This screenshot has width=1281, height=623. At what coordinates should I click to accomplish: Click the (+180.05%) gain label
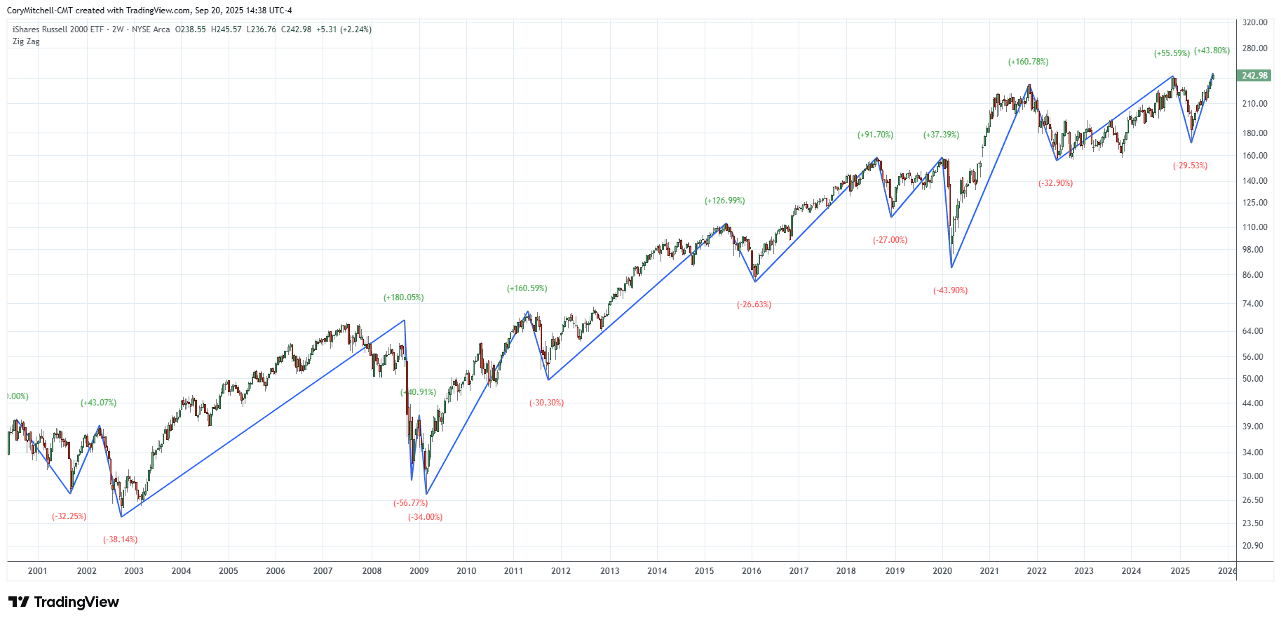coord(403,297)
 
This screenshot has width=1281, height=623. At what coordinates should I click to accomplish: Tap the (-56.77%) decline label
coord(410,503)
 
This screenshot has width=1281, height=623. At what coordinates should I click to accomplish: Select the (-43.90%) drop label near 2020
coord(950,290)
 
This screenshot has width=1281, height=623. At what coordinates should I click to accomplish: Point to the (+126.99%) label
coord(724,201)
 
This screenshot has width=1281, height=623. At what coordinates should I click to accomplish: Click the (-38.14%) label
coord(120,540)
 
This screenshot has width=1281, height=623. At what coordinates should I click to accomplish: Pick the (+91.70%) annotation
coord(875,135)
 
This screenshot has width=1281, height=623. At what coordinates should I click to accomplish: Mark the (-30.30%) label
coord(546,403)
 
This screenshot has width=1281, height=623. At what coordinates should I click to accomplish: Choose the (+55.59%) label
coord(1172,53)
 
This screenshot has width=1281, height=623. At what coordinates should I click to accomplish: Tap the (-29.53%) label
coord(1190,166)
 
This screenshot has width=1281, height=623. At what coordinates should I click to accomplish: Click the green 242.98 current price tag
coord(1254,76)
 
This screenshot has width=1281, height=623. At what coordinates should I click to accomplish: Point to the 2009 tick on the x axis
coord(419,571)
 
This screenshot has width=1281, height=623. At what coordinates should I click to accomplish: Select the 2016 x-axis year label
coord(752,571)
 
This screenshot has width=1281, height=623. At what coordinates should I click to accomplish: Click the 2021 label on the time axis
coord(989,571)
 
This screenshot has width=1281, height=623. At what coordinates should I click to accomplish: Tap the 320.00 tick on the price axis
coord(1254,22)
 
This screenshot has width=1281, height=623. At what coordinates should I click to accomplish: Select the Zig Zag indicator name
coord(26,41)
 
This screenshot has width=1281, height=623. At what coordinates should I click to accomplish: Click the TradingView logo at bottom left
coord(64,602)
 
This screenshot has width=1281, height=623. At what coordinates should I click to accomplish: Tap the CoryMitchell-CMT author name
coord(39,11)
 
